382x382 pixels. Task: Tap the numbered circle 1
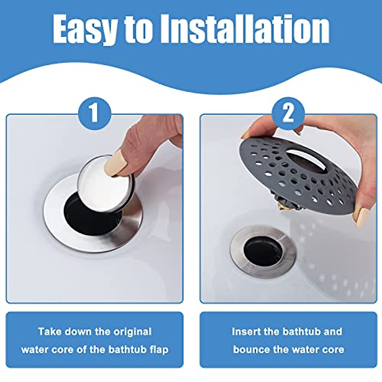[x=94, y=113]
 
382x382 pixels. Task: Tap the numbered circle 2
[x=288, y=113]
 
